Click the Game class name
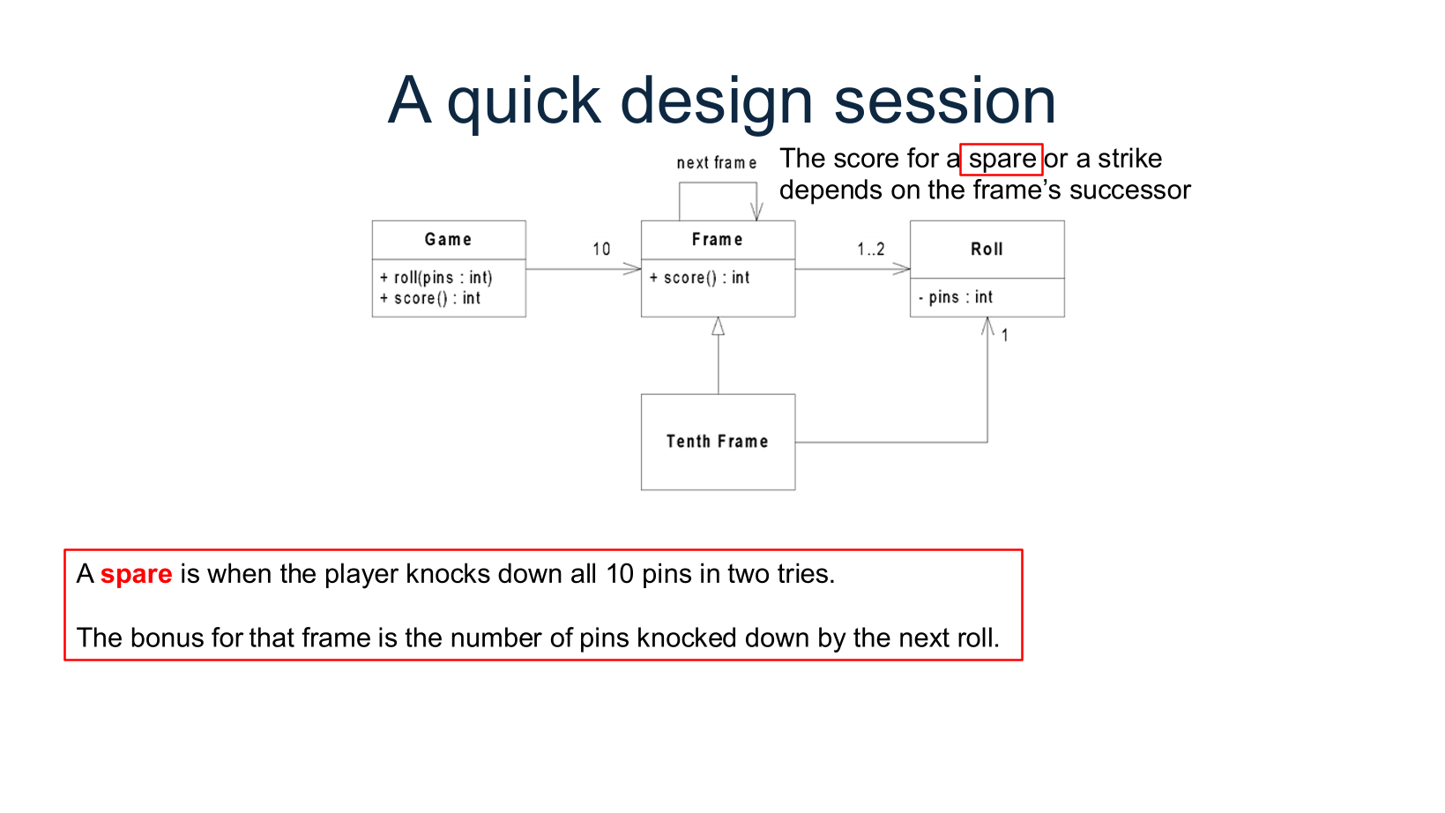tap(448, 240)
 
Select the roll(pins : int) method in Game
tap(436, 278)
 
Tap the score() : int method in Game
tap(430, 299)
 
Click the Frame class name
tap(717, 240)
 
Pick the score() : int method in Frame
tap(700, 278)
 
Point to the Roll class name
tap(987, 250)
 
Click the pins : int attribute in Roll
tap(956, 298)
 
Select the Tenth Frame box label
tap(717, 442)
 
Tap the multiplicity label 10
tap(601, 250)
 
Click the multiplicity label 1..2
tap(870, 250)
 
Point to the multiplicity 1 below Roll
tap(1004, 336)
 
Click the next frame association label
tap(716, 163)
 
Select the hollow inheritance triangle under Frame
tap(719, 327)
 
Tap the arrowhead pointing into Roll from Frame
tap(902, 269)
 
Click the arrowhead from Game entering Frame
tap(633, 269)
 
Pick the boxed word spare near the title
tap(1002, 160)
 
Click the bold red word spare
tap(136, 575)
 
